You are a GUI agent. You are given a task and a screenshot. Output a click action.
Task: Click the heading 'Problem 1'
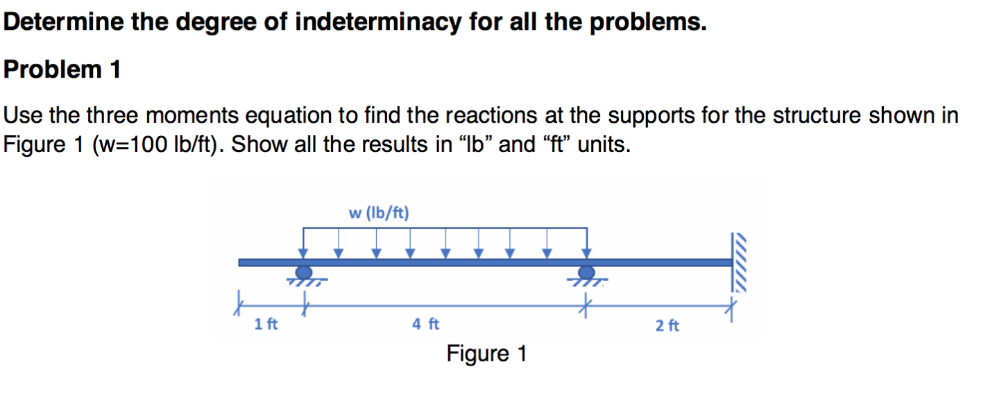(x=62, y=70)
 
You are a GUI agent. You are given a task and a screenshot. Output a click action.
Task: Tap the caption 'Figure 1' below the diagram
(x=486, y=355)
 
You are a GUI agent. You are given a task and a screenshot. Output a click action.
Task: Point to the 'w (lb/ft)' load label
(x=379, y=212)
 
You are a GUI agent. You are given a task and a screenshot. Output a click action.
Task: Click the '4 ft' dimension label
(x=425, y=323)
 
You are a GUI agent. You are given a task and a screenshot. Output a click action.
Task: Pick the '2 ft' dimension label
(x=667, y=324)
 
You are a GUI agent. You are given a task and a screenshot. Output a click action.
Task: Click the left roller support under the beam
(x=304, y=273)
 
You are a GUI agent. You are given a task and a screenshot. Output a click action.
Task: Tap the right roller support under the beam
(x=587, y=273)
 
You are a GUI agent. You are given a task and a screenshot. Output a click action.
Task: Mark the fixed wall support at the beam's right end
(x=740, y=262)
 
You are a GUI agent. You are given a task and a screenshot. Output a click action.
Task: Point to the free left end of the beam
(x=241, y=262)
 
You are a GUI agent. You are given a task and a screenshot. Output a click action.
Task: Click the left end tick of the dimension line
(x=240, y=303)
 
